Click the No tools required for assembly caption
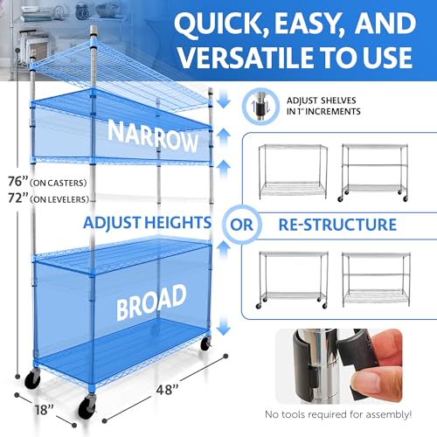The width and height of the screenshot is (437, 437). click(349, 413)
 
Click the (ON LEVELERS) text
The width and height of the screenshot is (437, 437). click(54, 199)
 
